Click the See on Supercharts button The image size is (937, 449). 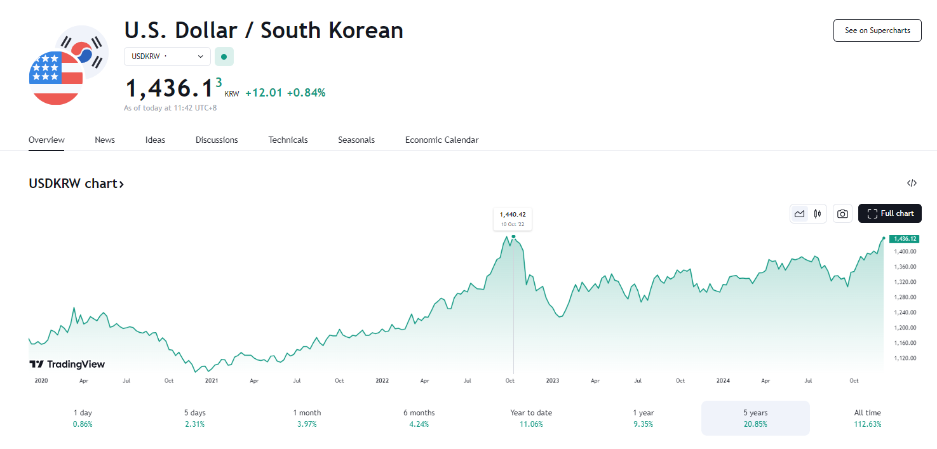tap(877, 30)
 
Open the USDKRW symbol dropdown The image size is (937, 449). tap(167, 57)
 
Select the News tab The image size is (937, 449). tap(105, 140)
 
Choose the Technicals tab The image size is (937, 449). tap(288, 140)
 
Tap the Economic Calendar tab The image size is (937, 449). tap(442, 140)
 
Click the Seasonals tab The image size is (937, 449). tap(356, 140)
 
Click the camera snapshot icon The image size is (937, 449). tap(842, 214)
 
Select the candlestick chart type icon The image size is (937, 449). tap(818, 214)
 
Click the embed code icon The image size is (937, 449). tap(912, 184)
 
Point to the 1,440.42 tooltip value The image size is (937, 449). tap(513, 215)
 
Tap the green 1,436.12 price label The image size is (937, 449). tap(905, 239)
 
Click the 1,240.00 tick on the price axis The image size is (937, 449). tap(904, 312)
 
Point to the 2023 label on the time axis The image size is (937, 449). tap(552, 381)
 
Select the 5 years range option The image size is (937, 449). tap(755, 418)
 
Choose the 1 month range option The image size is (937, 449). tap(307, 418)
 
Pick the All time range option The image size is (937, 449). tap(867, 418)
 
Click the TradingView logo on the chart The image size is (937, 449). tap(67, 365)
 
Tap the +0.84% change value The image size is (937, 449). tap(306, 93)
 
